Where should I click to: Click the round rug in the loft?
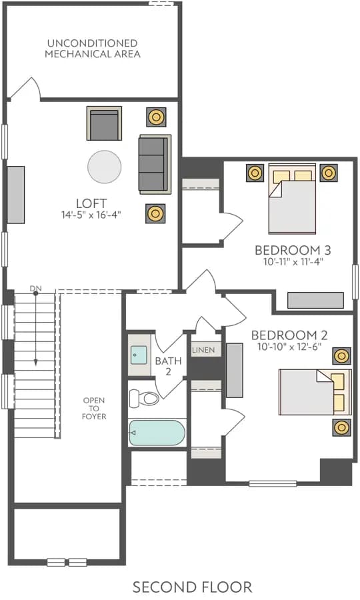[105, 167]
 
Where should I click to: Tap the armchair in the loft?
[104, 123]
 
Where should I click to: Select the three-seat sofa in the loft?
[155, 164]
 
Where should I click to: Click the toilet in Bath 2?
[144, 398]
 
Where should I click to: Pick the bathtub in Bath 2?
[157, 433]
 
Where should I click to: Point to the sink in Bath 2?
[139, 355]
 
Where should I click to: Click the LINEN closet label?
[203, 350]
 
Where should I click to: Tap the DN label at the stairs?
[35, 288]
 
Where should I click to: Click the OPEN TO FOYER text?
[94, 408]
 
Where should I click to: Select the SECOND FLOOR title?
[192, 587]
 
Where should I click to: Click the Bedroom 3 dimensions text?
[293, 262]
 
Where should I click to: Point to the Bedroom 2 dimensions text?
[289, 347]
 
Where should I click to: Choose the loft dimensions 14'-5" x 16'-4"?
[91, 215]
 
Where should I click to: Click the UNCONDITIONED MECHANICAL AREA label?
[93, 49]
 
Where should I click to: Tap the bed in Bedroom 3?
[292, 199]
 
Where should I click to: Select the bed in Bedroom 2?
[315, 392]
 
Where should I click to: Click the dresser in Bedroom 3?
[315, 301]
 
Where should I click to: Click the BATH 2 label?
[168, 366]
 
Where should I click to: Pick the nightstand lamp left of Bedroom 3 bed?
[255, 173]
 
